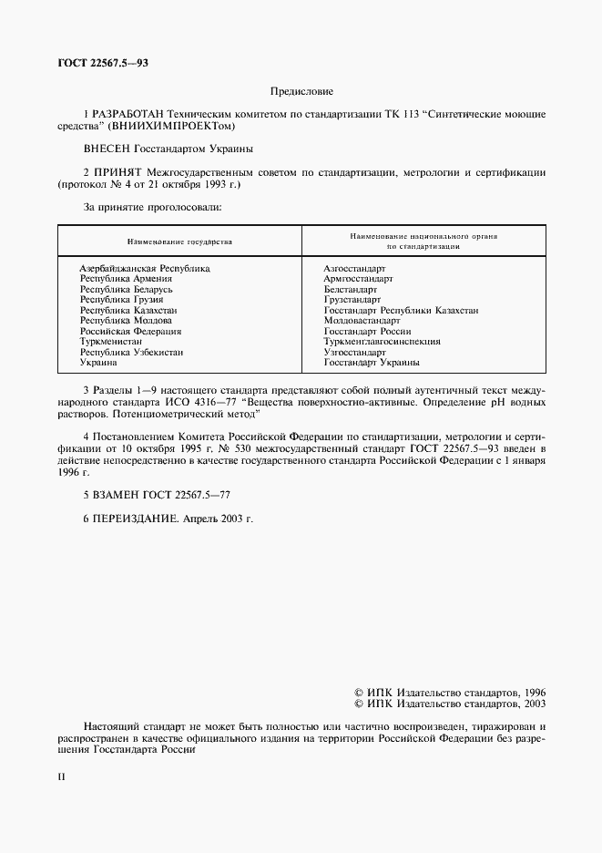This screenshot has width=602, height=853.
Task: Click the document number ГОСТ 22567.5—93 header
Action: coord(102,64)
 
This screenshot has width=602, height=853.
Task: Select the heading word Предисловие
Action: coord(301,91)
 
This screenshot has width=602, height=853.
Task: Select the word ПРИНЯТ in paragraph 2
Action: coord(115,171)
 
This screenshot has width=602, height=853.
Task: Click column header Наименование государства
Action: coord(179,242)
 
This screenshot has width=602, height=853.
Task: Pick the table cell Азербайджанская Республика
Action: coord(145,269)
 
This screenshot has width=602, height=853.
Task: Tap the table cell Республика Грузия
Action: coord(121,298)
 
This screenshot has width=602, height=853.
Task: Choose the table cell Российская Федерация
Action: coord(130,332)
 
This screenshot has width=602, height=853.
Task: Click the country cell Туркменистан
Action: coord(114,342)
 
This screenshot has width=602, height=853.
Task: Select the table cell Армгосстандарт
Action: coord(358,280)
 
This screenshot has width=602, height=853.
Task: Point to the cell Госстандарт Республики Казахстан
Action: coord(401,311)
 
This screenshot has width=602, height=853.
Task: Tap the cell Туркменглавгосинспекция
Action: coord(382,342)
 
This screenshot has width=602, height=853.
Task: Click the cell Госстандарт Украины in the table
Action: coord(372,363)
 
